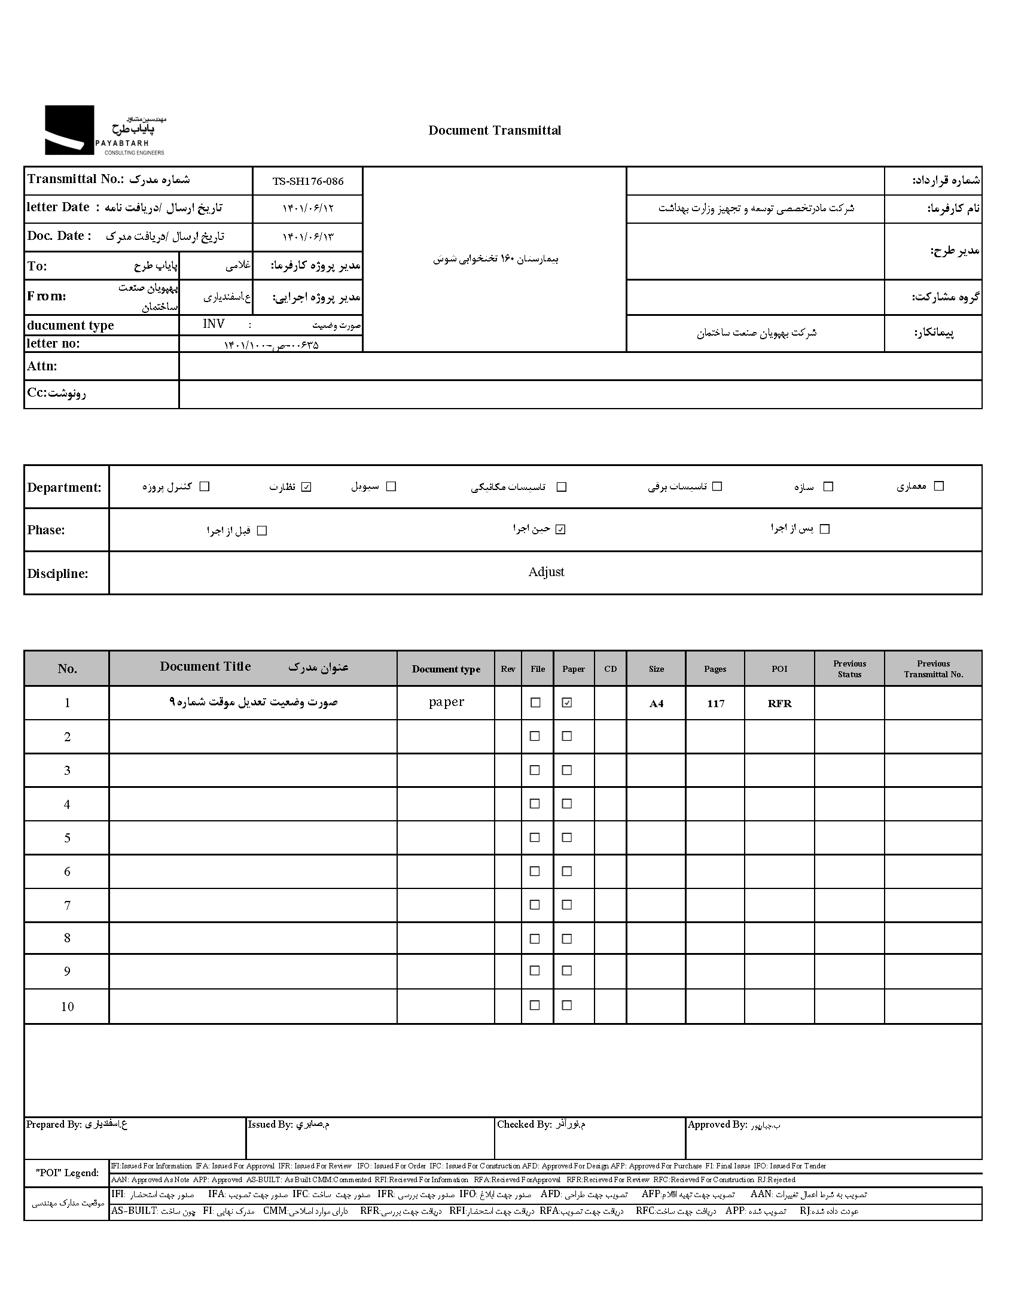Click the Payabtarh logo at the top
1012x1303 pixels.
tap(105, 130)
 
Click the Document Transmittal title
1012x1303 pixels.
tap(494, 130)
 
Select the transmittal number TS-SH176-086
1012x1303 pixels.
tap(308, 181)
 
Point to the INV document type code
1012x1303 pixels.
tap(214, 324)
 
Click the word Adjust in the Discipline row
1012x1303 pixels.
tap(546, 572)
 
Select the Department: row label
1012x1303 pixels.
tap(64, 487)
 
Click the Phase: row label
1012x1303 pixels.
tap(46, 530)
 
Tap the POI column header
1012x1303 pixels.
tap(779, 669)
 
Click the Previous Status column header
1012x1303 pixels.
tap(849, 669)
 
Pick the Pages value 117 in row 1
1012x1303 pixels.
tap(715, 704)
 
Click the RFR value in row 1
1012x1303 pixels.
tap(779, 704)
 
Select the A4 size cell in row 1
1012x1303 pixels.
tap(656, 704)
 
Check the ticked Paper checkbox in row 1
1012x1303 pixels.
tap(567, 703)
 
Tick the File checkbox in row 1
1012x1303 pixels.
tap(536, 703)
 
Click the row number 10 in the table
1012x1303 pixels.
tap(67, 1007)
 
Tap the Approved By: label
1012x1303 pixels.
tap(717, 1125)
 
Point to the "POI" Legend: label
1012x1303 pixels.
tap(67, 1173)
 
